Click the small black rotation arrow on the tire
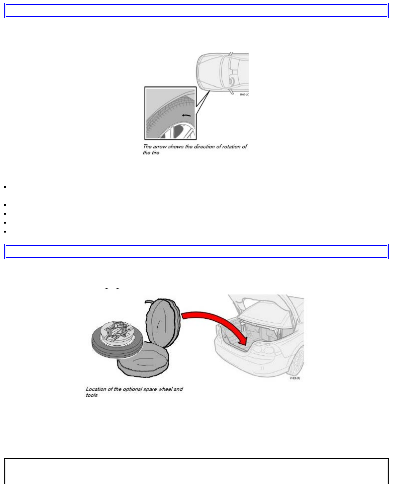[x=186, y=116]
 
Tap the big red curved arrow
[x=216, y=323]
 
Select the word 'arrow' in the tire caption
[x=159, y=147]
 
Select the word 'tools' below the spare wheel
[x=92, y=395]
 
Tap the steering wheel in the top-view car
[x=232, y=80]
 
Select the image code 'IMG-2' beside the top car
[x=244, y=95]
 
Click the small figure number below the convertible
[x=294, y=378]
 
